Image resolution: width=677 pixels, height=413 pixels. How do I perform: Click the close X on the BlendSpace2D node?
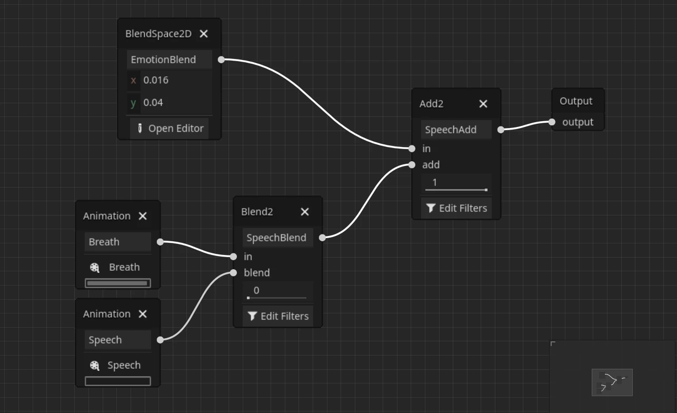pyautogui.click(x=204, y=34)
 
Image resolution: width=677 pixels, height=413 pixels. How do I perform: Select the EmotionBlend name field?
pyautogui.click(x=169, y=60)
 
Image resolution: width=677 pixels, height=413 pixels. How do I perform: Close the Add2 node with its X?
pyautogui.click(x=483, y=104)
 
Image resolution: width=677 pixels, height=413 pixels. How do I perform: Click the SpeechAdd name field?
pyautogui.click(x=456, y=130)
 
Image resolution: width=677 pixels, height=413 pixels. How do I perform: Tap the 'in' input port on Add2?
pyautogui.click(x=412, y=149)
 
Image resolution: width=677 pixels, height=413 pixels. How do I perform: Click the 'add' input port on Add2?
pyautogui.click(x=412, y=165)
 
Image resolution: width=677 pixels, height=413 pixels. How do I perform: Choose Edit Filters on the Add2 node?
pyautogui.click(x=456, y=208)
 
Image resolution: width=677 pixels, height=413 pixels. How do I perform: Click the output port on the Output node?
pyautogui.click(x=552, y=122)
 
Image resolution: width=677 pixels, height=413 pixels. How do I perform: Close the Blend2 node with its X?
pyautogui.click(x=305, y=212)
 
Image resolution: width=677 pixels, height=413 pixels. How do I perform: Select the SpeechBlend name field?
pyautogui.click(x=277, y=238)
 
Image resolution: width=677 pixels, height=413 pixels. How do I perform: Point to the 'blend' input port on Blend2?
pyautogui.click(x=233, y=273)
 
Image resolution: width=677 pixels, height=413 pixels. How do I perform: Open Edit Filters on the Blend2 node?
pyautogui.click(x=278, y=316)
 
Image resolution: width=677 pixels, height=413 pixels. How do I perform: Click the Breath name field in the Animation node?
pyautogui.click(x=117, y=242)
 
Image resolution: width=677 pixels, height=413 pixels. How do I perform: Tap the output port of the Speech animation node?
pyautogui.click(x=160, y=340)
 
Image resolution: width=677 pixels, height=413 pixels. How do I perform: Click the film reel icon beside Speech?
pyautogui.click(x=95, y=366)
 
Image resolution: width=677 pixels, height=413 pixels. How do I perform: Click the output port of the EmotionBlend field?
pyautogui.click(x=221, y=60)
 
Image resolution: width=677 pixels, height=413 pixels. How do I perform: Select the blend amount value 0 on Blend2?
pyautogui.click(x=277, y=290)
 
